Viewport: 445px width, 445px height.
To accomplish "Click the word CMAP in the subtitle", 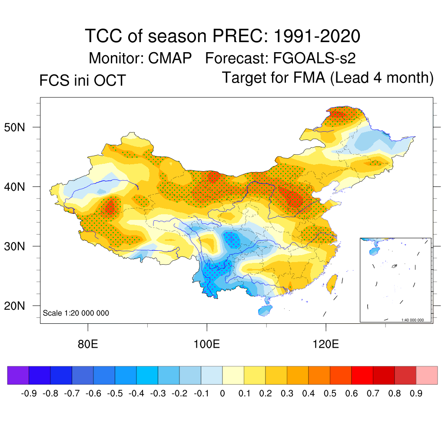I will point(167,58).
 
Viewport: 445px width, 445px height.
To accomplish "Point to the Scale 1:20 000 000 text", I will point(76,313).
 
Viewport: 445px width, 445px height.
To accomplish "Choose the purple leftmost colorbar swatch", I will point(18,375).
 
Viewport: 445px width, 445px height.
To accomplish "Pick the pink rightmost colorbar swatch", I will point(427,375).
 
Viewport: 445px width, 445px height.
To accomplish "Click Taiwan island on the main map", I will point(332,282).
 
